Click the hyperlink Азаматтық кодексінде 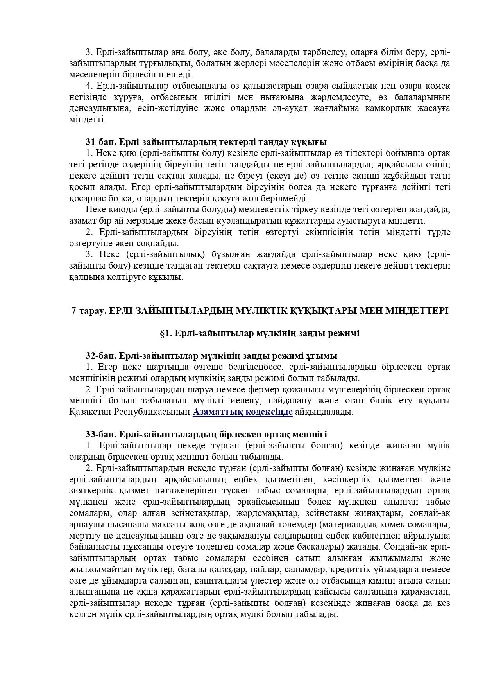[x=242, y=412]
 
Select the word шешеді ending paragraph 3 [x=179, y=74]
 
